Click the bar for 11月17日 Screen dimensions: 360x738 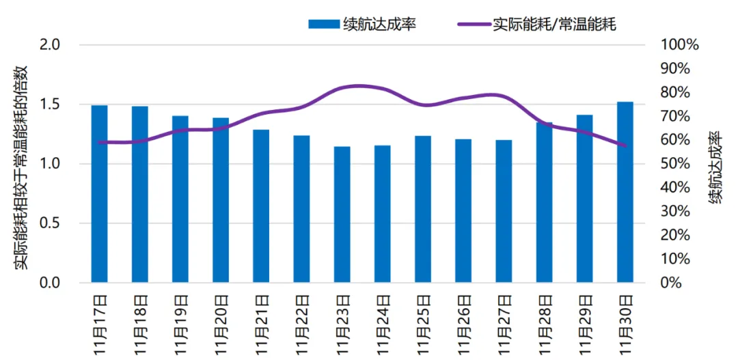click(x=100, y=194)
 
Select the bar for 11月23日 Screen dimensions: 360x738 click(x=342, y=214)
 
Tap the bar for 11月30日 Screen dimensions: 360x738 click(x=625, y=192)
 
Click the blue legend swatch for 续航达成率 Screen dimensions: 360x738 click(x=323, y=25)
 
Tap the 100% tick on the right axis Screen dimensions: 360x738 click(x=679, y=45)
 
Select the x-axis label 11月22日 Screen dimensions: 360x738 click(x=302, y=325)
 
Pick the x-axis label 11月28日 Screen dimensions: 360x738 click(x=545, y=325)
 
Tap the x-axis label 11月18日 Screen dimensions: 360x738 click(x=140, y=325)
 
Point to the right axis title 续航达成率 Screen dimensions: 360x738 click(x=715, y=164)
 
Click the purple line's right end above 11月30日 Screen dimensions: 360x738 click(x=625, y=146)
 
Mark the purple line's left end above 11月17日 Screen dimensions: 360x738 click(x=100, y=142)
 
